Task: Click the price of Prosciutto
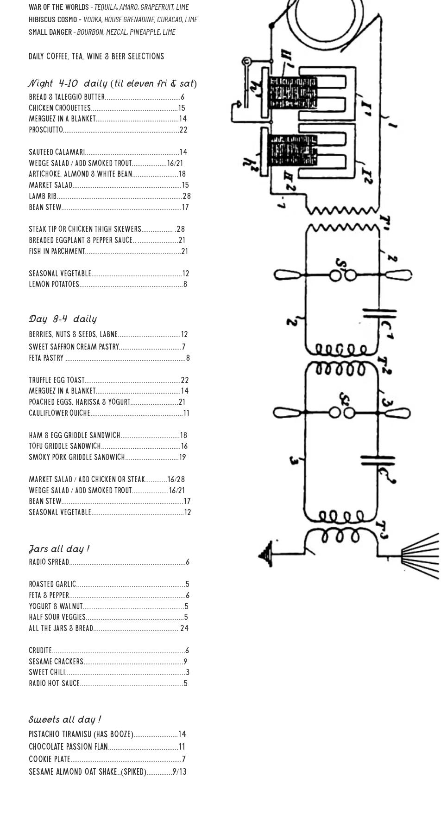183,130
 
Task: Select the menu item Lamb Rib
43,196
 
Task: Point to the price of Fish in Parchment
184,251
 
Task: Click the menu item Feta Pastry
46,358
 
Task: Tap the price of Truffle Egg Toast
184,380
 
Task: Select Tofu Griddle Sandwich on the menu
65,446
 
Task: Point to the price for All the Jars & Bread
184,628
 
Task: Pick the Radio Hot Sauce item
54,683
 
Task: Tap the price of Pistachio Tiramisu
182,734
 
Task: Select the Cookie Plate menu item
50,759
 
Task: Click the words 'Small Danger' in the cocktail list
50,32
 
